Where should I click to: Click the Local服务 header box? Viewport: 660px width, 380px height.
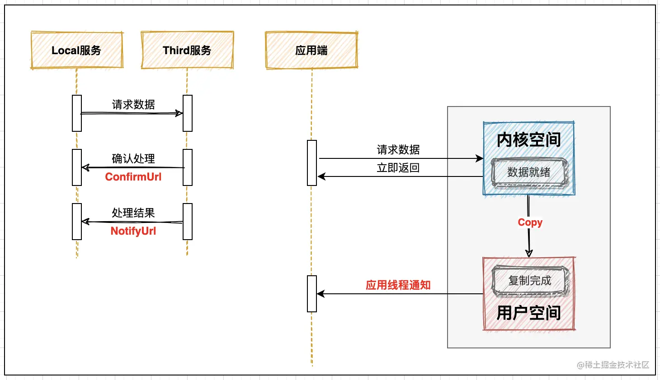coord(77,50)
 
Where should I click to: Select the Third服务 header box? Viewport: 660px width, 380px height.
coord(188,50)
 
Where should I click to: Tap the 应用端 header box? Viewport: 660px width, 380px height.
coord(312,50)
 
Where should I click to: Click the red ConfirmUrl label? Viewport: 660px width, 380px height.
coord(133,177)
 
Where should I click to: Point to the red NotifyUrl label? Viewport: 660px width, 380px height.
coord(133,231)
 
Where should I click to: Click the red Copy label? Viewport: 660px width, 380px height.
coord(530,222)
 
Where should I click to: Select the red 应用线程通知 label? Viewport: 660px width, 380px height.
coord(398,285)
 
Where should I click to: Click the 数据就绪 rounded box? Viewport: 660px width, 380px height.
coord(529,172)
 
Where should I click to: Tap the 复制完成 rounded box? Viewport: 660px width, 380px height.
coord(530,281)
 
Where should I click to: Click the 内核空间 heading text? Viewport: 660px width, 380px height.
coord(529,139)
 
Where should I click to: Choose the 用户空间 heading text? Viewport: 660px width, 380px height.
coord(529,313)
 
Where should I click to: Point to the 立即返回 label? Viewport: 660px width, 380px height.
coord(398,168)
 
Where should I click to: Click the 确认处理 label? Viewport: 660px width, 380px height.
coord(133,159)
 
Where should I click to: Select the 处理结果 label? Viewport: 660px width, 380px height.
coord(133,213)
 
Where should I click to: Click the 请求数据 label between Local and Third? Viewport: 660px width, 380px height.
coord(133,105)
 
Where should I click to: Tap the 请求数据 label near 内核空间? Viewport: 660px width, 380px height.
coord(398,150)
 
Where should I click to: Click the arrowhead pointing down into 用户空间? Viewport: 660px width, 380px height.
coord(529,253)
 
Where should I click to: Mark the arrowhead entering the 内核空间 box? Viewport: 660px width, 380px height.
coord(479,158)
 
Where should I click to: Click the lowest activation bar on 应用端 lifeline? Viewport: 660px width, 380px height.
coord(312,293)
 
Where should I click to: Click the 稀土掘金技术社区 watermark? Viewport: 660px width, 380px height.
coord(613,365)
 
